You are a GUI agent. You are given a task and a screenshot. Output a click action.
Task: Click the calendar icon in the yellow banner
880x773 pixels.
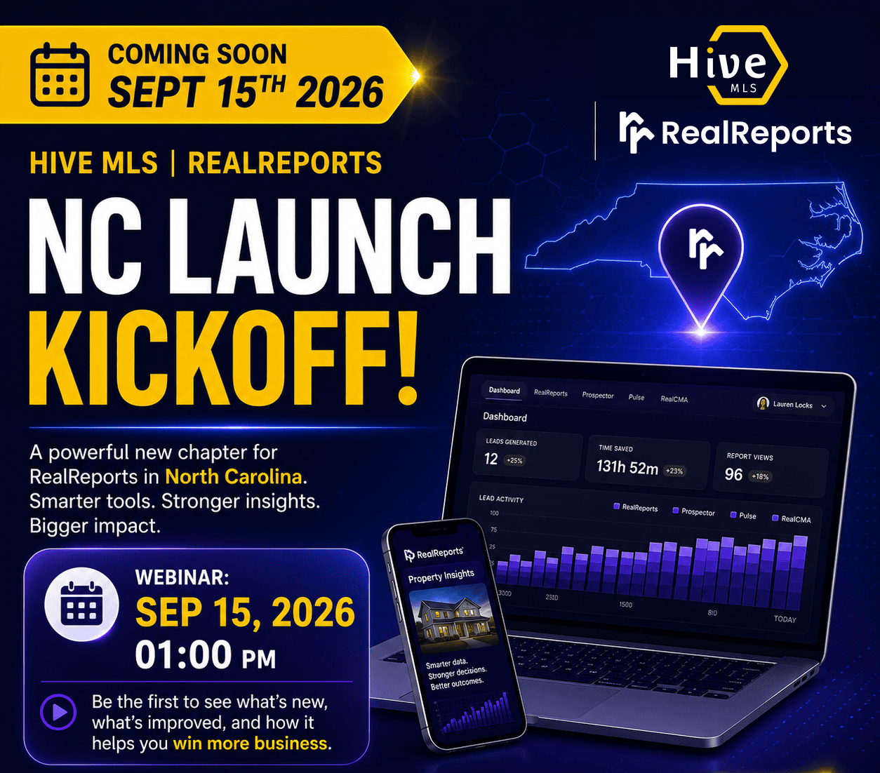click(60, 74)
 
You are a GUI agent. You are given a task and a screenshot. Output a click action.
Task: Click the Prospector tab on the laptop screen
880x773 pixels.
click(598, 395)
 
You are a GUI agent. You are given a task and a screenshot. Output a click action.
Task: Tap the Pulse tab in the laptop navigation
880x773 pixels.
click(636, 397)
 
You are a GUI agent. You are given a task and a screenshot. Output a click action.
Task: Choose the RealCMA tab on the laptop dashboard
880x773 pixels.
click(674, 399)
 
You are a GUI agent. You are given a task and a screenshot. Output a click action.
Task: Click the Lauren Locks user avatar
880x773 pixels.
click(764, 403)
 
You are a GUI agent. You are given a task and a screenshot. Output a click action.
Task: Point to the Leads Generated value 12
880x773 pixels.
click(491, 459)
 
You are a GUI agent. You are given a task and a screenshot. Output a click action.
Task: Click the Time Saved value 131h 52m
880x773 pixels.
click(627, 467)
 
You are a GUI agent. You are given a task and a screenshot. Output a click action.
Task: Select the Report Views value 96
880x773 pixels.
click(733, 474)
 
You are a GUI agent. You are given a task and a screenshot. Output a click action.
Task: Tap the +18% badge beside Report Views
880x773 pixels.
click(760, 476)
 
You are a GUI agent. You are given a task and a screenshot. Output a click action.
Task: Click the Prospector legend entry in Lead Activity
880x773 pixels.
click(693, 511)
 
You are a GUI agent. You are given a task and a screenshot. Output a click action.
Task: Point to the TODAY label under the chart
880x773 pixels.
click(785, 619)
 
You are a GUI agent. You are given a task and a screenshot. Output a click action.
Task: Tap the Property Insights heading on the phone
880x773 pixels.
click(441, 577)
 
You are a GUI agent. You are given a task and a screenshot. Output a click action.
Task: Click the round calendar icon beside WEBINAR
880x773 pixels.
click(81, 604)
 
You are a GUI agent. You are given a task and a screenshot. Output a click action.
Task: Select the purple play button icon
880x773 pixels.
click(59, 712)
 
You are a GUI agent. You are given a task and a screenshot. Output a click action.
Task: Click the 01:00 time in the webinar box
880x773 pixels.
click(183, 655)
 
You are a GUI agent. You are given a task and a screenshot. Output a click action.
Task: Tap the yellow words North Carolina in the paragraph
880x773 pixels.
click(234, 477)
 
